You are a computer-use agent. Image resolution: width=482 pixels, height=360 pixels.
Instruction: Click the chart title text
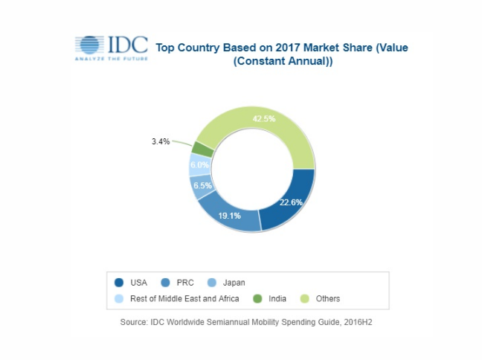click(x=282, y=54)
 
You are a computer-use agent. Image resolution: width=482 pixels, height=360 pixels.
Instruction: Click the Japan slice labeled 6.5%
click(x=200, y=185)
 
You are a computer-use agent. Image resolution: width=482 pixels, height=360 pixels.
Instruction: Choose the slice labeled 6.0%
click(x=196, y=165)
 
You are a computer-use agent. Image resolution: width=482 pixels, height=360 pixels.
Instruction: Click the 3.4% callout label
click(x=161, y=139)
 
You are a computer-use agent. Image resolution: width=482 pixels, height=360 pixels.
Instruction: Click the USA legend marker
click(x=119, y=282)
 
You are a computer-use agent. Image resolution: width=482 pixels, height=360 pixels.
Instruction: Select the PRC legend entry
click(x=179, y=282)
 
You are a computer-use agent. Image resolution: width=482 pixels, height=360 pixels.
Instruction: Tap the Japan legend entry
click(x=227, y=282)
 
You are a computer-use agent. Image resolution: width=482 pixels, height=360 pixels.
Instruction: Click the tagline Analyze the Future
click(x=110, y=60)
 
